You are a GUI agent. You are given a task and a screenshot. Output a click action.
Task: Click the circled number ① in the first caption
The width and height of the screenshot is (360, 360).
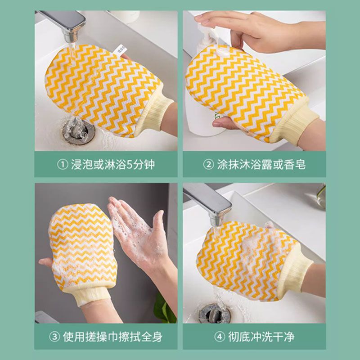(63, 164)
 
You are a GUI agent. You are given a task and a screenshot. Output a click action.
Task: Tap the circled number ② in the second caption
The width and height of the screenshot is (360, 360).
(209, 164)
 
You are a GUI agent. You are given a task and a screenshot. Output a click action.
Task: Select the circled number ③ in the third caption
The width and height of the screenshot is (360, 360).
(54, 337)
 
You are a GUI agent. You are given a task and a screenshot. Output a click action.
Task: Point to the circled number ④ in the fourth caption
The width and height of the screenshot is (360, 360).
(220, 337)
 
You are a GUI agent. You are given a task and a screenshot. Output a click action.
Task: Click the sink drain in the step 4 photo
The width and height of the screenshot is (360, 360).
(215, 313)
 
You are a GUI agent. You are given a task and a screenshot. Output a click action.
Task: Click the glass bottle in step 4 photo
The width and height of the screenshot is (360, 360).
(321, 197)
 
